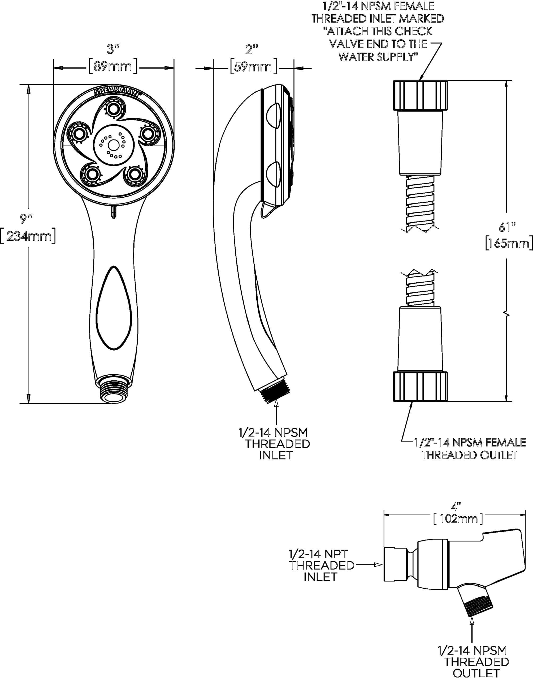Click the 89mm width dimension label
(113, 66)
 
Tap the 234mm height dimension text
(28, 236)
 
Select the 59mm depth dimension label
(253, 67)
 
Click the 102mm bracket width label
(458, 518)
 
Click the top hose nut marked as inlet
(420, 95)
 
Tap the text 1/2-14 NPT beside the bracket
(318, 554)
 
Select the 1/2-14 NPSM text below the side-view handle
(273, 433)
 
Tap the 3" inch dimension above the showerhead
(113, 49)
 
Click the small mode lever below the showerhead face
(114, 212)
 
